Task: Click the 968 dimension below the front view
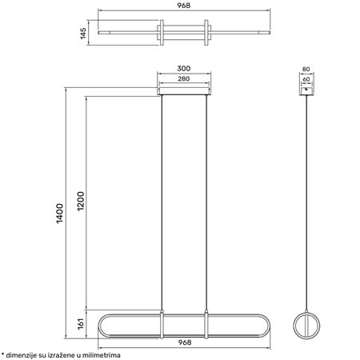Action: click(185, 342)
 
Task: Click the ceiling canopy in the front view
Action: click(185, 91)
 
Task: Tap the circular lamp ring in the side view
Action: click(307, 324)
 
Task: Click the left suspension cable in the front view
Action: click(163, 200)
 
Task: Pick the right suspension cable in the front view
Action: click(207, 200)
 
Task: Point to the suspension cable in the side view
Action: click(307, 200)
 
